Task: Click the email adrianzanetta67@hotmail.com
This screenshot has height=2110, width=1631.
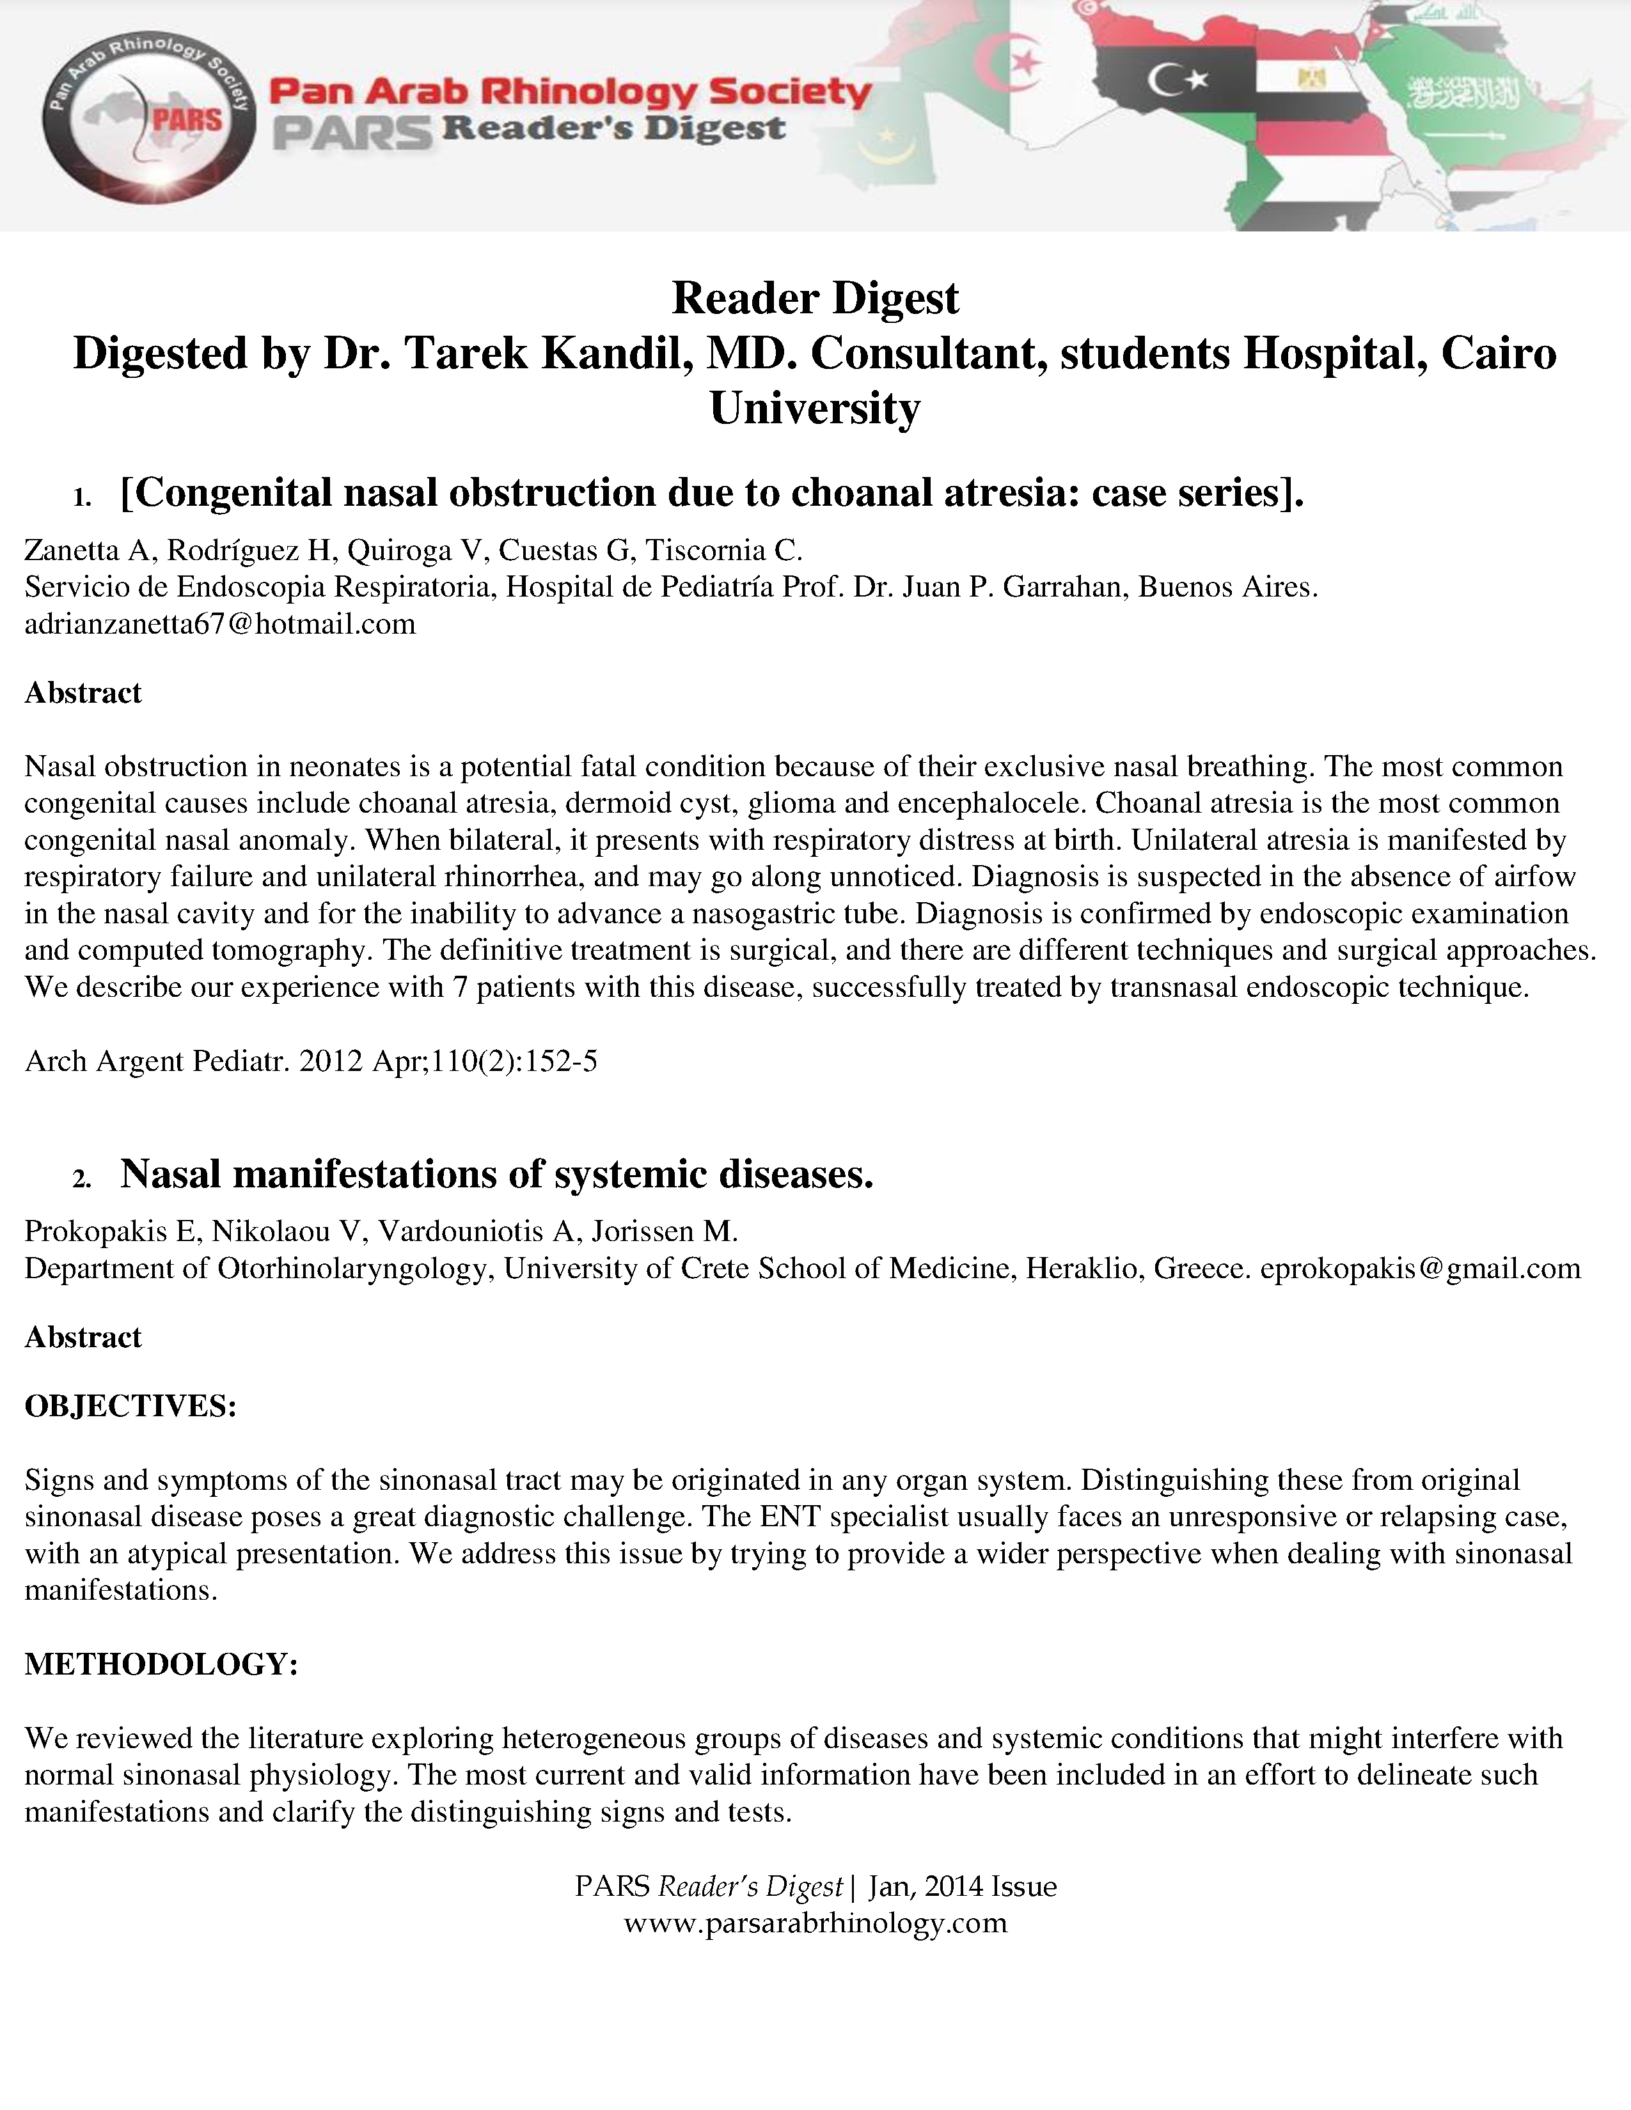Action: [220, 624]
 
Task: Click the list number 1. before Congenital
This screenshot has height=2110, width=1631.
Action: [81, 497]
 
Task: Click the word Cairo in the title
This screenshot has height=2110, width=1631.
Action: [1499, 354]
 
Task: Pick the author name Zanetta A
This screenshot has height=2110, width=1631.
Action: [87, 550]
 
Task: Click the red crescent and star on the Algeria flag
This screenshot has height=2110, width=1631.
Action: [1010, 66]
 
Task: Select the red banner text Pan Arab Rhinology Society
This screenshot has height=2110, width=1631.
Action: [570, 93]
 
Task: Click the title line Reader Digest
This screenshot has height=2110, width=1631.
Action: [815, 297]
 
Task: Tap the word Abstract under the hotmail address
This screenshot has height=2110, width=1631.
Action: [83, 692]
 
